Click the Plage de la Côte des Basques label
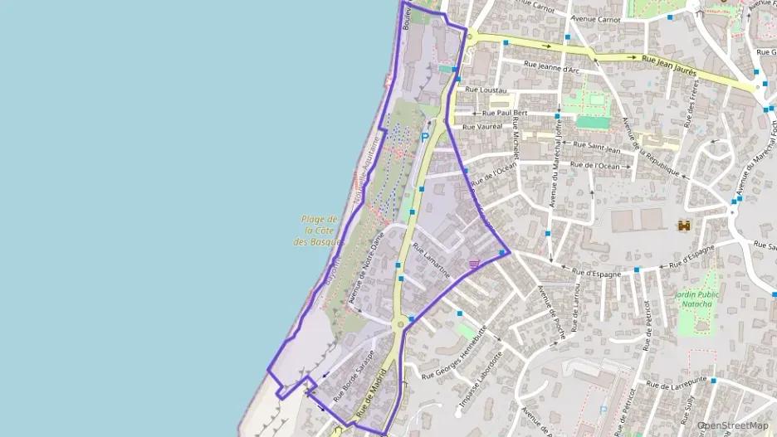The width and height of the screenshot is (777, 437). (319, 230)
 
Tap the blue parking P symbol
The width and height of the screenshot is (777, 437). (425, 138)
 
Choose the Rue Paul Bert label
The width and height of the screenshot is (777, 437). (505, 113)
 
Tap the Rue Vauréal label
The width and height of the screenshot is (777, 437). (482, 127)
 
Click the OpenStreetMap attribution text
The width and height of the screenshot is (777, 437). (733, 425)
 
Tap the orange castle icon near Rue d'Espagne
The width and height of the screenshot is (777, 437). (685, 225)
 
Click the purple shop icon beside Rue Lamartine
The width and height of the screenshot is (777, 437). (473, 264)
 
